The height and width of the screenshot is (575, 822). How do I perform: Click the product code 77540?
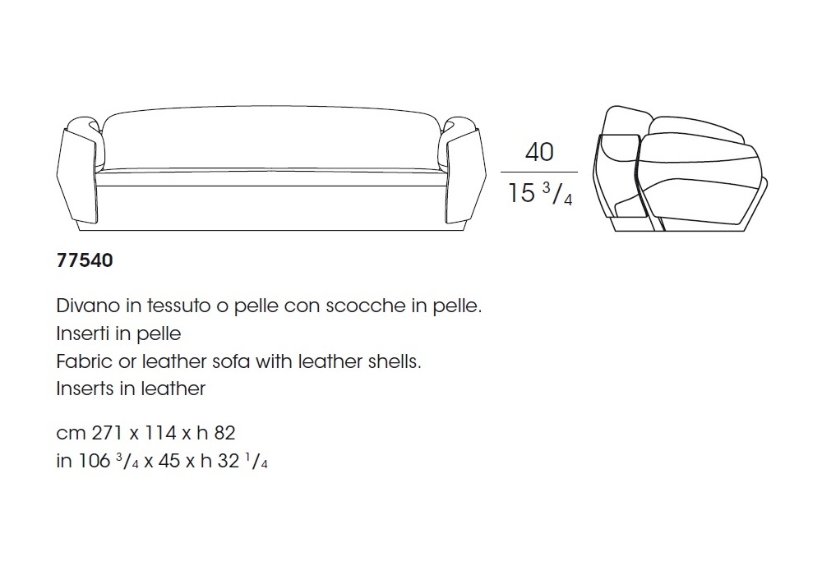[x=85, y=260]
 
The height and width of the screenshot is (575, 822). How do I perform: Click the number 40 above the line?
[x=539, y=152]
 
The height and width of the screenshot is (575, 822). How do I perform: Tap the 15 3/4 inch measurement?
[x=540, y=193]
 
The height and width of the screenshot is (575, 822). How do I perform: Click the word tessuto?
[x=178, y=306]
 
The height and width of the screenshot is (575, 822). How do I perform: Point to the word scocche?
[x=366, y=306]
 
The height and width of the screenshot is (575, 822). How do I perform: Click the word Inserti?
[x=79, y=333]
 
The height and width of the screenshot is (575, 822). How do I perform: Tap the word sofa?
[x=231, y=361]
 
